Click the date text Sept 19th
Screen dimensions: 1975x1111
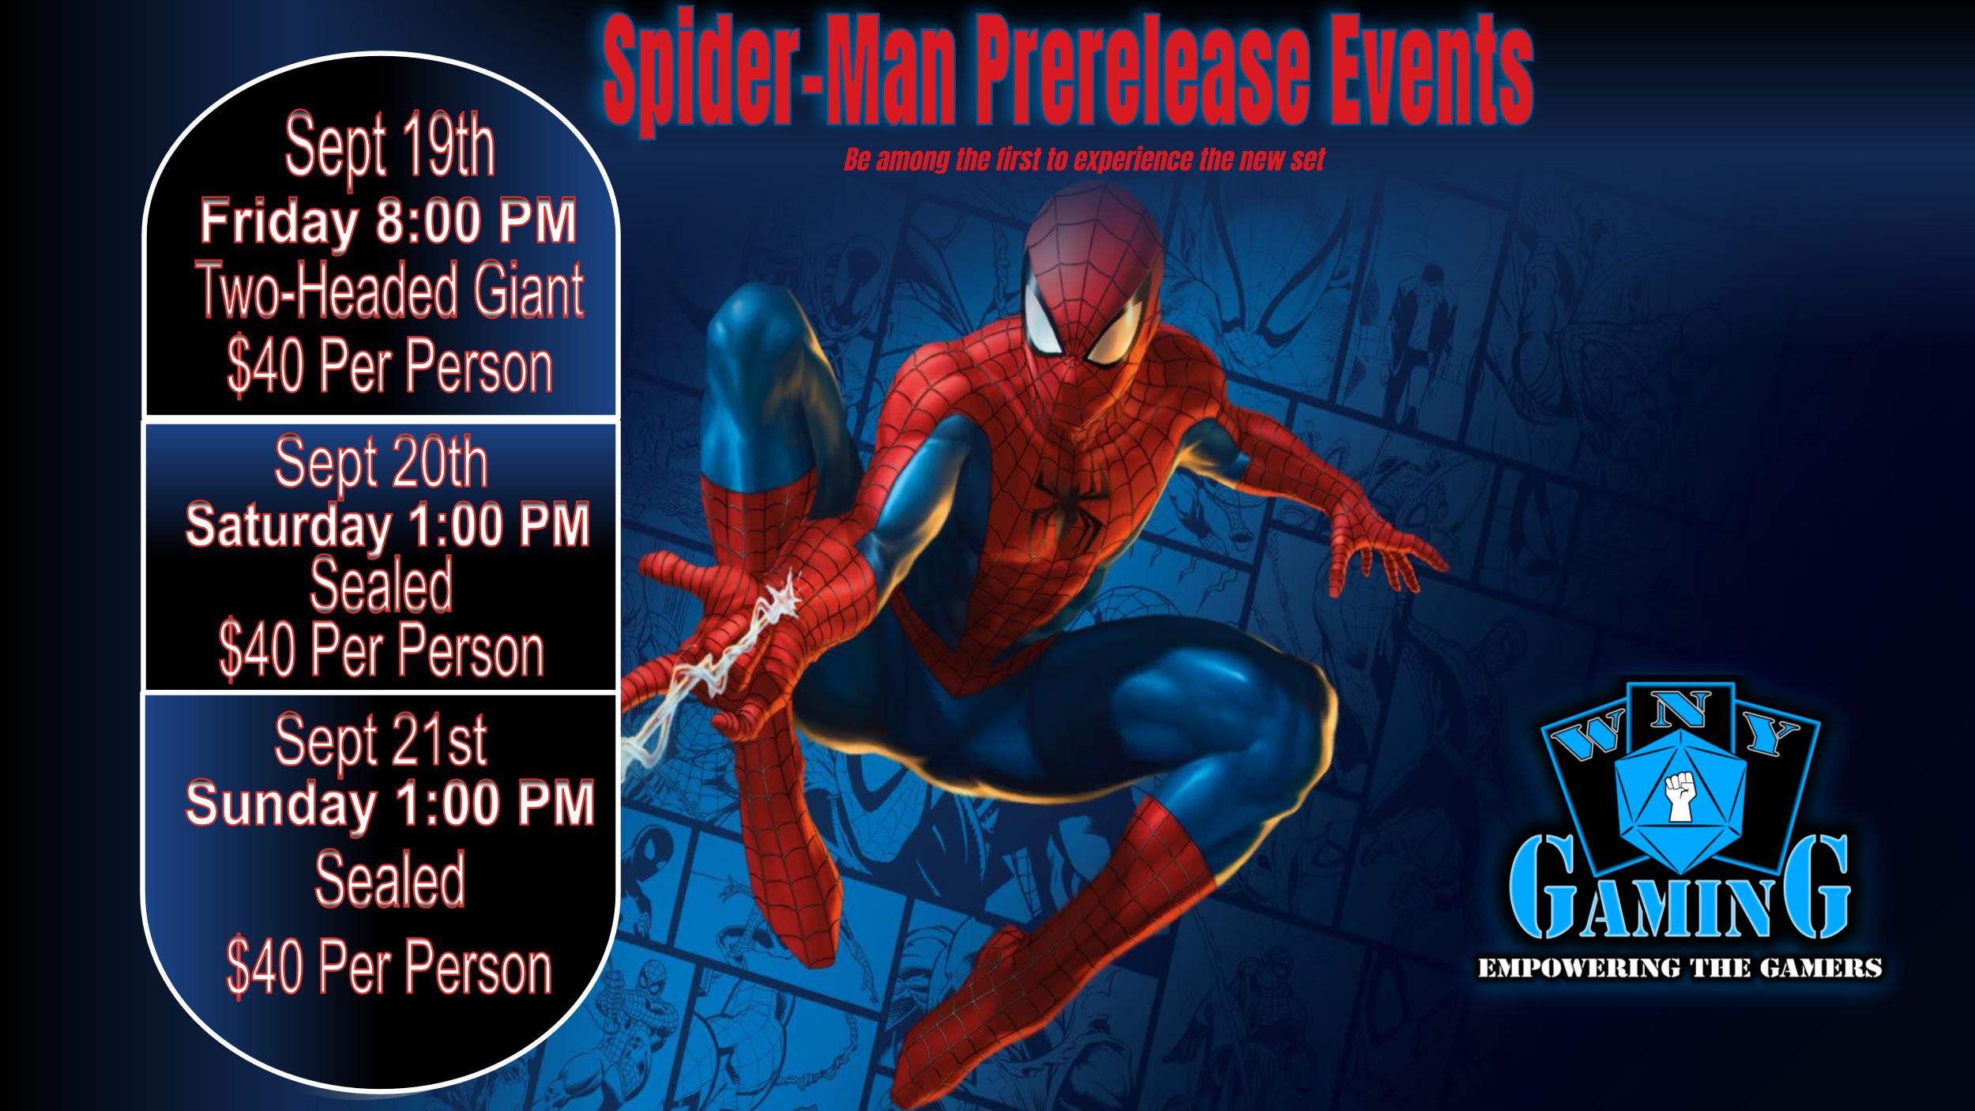pos(390,147)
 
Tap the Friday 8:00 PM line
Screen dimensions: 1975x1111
pos(388,222)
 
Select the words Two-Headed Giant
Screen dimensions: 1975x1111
pos(391,292)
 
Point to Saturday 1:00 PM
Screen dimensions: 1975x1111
pos(388,525)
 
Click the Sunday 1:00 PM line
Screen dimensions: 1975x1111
pos(389,803)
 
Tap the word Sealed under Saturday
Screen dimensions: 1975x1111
pos(381,585)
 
